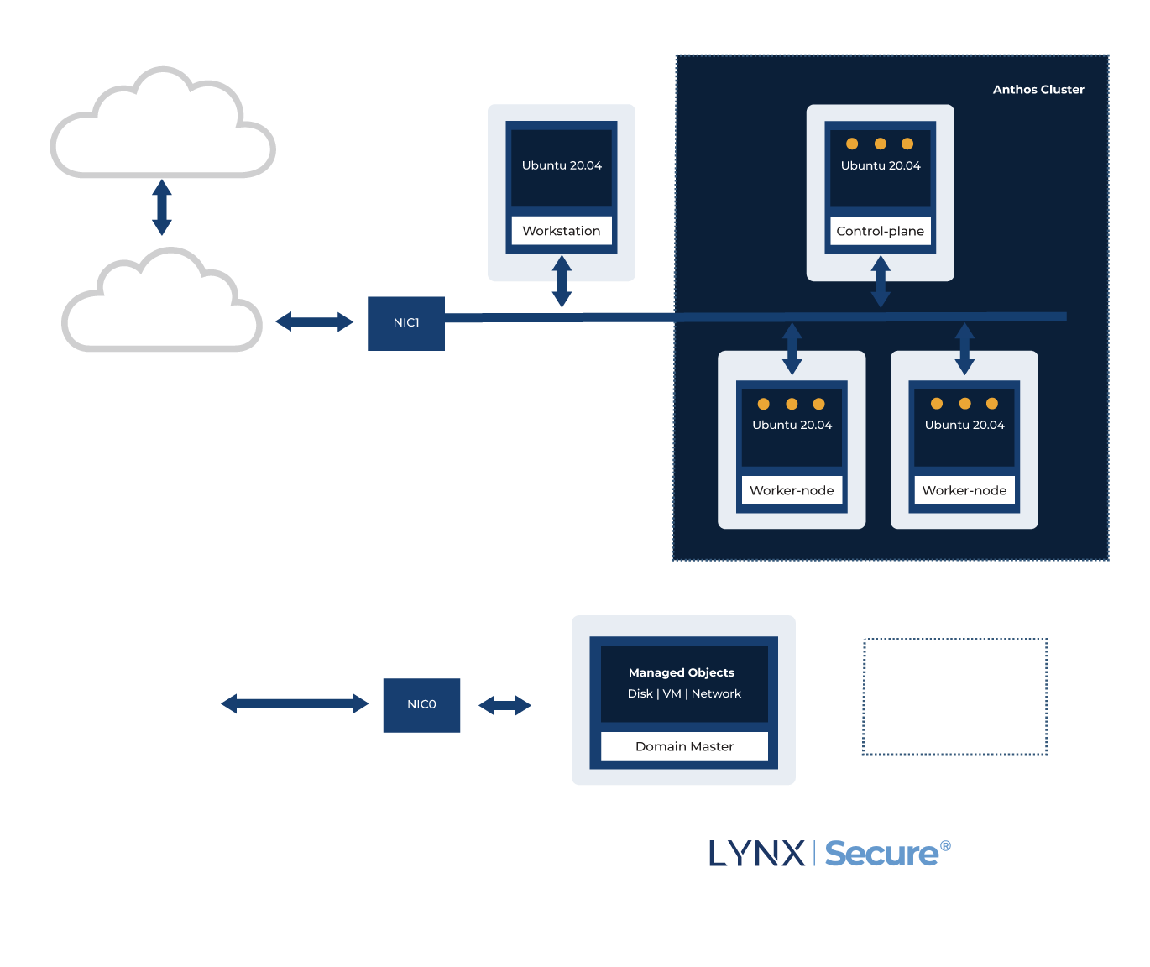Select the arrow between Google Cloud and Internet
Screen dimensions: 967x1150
(162, 207)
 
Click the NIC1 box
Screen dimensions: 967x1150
(406, 323)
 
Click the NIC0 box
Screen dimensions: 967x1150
(421, 705)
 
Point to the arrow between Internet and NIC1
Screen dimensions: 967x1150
(315, 321)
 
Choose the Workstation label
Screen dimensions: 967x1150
(562, 231)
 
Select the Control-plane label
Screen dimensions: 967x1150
(880, 231)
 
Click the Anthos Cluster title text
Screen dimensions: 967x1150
(1038, 90)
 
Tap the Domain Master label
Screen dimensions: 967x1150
(684, 746)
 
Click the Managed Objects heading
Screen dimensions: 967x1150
(682, 672)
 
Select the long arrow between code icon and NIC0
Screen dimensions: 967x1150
(295, 703)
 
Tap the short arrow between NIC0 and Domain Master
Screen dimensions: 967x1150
(504, 705)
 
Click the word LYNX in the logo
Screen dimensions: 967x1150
(756, 854)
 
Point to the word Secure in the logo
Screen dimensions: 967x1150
(881, 854)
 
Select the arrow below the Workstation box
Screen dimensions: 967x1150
(562, 282)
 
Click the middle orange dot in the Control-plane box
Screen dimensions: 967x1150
(880, 144)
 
